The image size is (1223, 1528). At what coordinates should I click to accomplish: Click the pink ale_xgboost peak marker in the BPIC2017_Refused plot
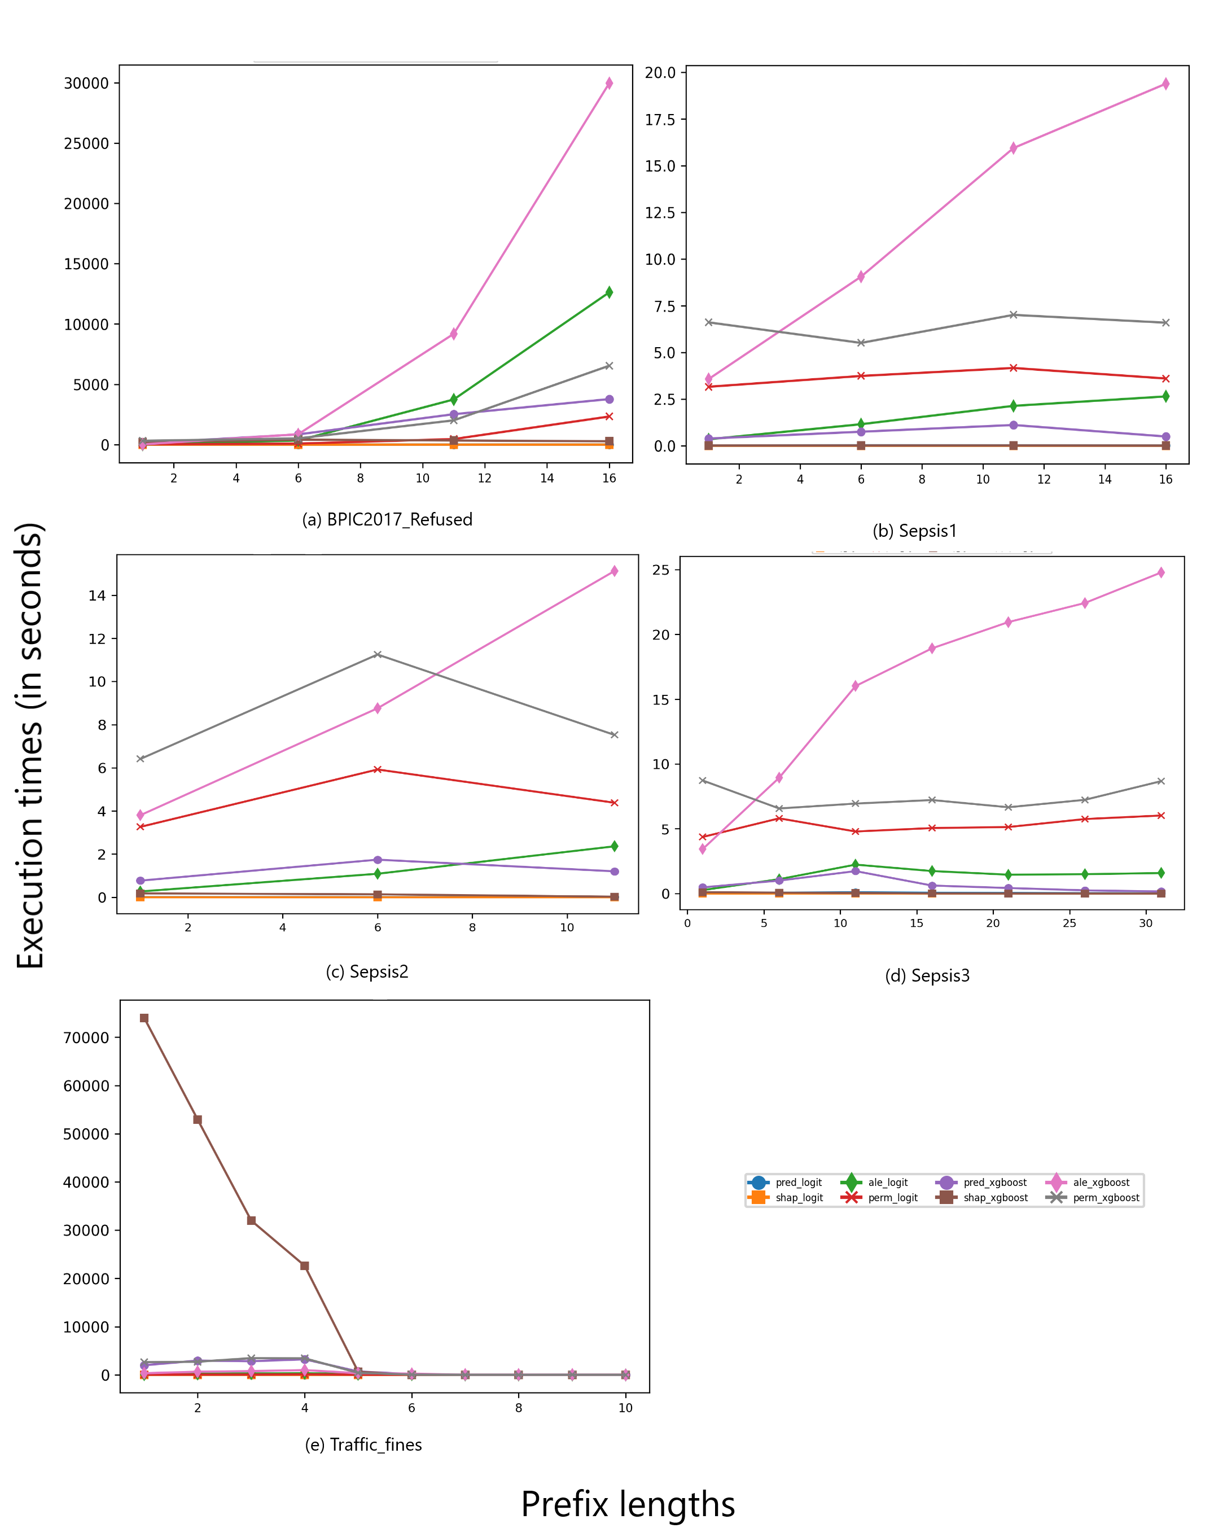[608, 84]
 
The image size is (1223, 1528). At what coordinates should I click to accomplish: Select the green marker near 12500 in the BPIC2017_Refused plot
[608, 292]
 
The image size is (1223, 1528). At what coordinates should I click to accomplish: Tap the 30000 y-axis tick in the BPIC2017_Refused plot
[86, 84]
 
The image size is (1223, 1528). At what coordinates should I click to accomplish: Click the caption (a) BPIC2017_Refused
[387, 519]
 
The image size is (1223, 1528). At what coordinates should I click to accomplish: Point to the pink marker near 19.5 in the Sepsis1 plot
[1165, 84]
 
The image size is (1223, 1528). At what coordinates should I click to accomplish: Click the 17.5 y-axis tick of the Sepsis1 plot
[660, 120]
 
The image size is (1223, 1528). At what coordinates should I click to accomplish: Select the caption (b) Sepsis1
[914, 531]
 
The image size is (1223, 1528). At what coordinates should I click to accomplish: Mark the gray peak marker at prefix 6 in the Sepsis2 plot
[378, 654]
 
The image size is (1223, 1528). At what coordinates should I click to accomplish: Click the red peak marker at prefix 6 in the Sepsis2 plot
[378, 769]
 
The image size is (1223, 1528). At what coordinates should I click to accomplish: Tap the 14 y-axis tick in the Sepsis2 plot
[97, 596]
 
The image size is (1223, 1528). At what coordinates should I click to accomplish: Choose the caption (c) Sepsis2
[367, 971]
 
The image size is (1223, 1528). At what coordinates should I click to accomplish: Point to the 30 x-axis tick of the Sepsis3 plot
[1146, 923]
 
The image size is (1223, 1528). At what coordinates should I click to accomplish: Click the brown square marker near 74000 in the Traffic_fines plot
[144, 1018]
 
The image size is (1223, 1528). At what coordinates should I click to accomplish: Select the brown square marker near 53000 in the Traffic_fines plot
[198, 1120]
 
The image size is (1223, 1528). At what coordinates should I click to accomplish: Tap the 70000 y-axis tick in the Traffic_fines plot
[86, 1037]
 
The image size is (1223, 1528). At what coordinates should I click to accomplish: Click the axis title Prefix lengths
[628, 1504]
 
